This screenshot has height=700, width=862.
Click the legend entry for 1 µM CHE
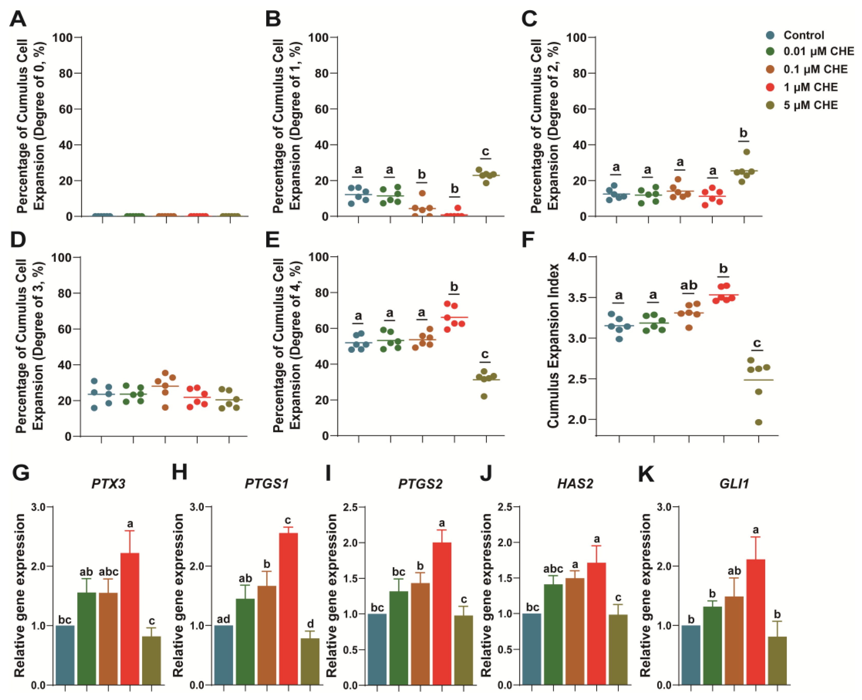pos(810,87)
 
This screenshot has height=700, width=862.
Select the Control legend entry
pos(803,35)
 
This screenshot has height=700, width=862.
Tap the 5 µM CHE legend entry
pos(810,105)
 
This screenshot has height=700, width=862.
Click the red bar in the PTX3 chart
pos(130,619)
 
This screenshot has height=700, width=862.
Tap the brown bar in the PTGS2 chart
pos(420,633)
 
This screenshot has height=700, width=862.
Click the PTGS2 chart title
pos(420,483)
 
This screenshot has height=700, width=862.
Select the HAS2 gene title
pos(575,483)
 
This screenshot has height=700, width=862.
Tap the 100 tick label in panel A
pos(62,38)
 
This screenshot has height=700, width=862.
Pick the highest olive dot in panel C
pos(747,152)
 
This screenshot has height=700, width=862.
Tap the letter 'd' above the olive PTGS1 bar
pos(310,623)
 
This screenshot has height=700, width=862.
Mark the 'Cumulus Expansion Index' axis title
pos(553,346)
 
